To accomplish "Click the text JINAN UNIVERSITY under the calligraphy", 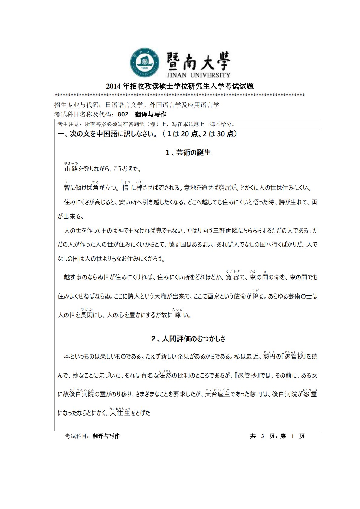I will point(198,75).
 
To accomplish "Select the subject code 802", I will point(123,114).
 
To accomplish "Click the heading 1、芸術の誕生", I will point(188,153).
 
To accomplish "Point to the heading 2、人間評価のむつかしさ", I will point(188,339).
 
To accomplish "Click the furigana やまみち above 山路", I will point(71,163).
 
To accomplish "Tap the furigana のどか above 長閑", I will point(87,309).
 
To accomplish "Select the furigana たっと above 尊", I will point(178,309).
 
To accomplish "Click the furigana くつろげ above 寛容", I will point(233,271).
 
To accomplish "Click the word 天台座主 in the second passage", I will point(217,394).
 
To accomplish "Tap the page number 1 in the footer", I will point(293,436).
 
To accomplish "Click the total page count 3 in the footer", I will point(263,436).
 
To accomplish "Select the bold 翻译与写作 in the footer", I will point(106,436).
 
